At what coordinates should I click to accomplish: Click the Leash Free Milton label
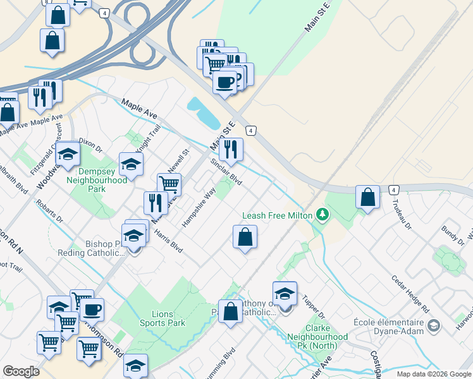[277, 215]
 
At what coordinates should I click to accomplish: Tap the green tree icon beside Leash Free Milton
[323, 215]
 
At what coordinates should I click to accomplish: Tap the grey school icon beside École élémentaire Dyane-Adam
[433, 325]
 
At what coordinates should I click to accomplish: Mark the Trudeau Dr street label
[402, 214]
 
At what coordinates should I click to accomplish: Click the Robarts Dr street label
[50, 214]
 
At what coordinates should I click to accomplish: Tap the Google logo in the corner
[21, 371]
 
